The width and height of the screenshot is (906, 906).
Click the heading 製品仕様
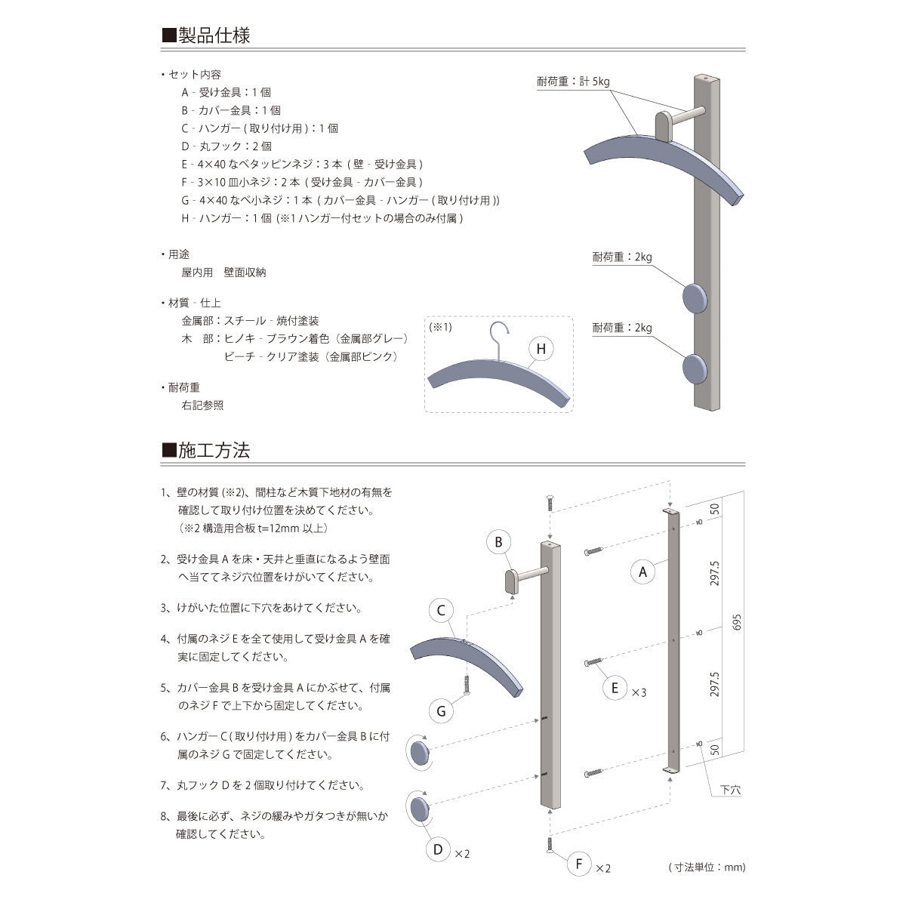214,35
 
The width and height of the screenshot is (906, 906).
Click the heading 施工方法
214,451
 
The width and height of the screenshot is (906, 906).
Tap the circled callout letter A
643,572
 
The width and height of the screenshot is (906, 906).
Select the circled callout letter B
498,542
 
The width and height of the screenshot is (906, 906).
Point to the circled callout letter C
442,611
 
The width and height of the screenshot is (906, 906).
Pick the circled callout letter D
438,849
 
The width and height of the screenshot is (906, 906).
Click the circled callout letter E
615,687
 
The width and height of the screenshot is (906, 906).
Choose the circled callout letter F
579,864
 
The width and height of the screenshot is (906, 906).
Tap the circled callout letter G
442,710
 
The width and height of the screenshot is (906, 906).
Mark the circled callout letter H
541,349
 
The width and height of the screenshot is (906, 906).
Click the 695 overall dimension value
738,621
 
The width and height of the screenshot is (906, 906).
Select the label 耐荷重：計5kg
573,82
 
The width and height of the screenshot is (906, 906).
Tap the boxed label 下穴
730,790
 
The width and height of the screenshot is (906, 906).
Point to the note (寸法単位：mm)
707,867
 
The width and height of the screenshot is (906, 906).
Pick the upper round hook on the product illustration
695,297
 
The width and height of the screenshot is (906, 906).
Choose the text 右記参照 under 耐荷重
202,405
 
